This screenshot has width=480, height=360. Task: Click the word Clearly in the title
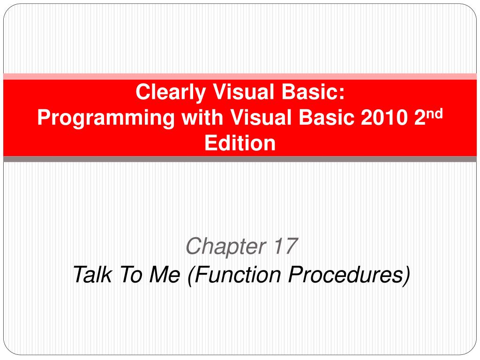tap(171, 92)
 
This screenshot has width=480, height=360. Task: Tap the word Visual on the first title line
tap(243, 92)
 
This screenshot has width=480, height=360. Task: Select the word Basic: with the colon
tap(313, 92)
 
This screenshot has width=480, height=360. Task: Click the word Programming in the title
tap(106, 118)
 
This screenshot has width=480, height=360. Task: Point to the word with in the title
tap(202, 117)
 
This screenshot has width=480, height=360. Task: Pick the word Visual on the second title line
tap(261, 117)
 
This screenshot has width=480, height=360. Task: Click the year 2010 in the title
tap(384, 117)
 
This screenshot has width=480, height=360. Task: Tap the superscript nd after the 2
tap(435, 113)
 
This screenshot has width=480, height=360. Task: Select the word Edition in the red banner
tap(240, 143)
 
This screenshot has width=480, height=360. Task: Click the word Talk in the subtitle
tap(92, 274)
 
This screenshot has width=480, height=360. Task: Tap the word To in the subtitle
tap(131, 274)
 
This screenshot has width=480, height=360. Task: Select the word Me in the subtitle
tap(165, 274)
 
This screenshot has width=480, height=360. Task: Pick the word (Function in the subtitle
tap(234, 275)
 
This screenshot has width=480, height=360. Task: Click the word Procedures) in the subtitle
tap(349, 275)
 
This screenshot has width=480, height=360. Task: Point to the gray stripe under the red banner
tap(240, 159)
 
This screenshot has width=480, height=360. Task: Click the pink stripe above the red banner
tap(240, 76)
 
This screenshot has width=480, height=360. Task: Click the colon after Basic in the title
tap(342, 94)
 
